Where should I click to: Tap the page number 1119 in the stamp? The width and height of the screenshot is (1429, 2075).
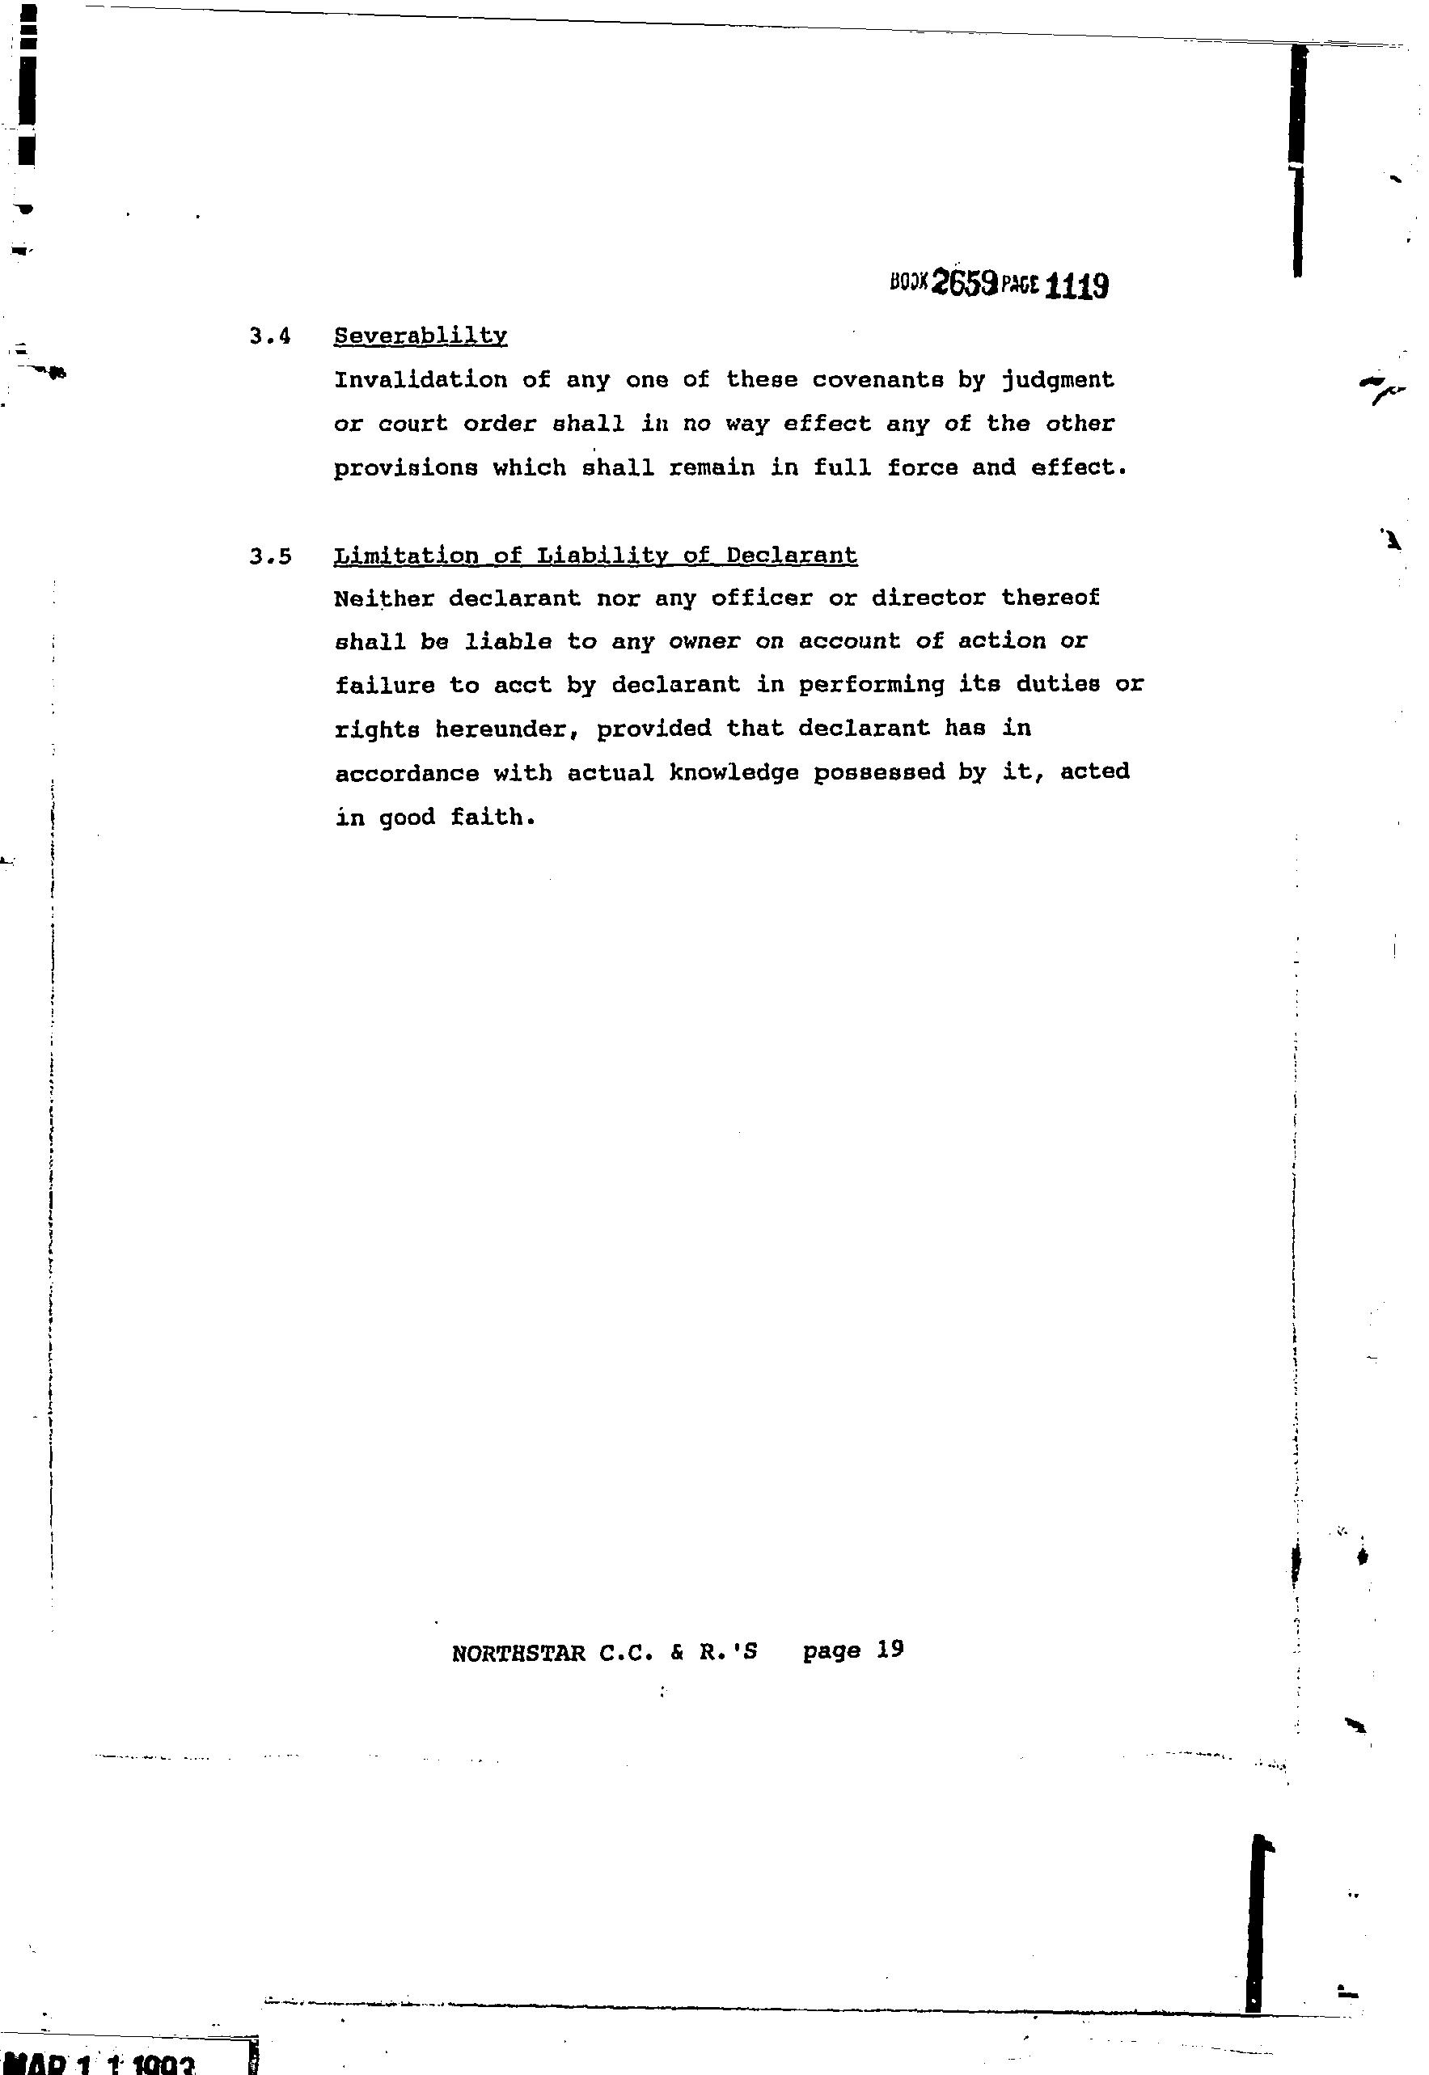coord(1076,286)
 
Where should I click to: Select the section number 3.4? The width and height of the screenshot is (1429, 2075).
coord(270,337)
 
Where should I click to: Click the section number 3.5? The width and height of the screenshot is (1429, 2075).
coord(270,557)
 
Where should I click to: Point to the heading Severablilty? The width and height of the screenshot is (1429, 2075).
coord(420,336)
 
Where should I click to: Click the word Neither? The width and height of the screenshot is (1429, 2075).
coord(383,598)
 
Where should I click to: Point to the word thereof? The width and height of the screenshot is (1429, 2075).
coord(1050,597)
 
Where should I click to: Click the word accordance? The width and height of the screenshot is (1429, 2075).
coord(407,772)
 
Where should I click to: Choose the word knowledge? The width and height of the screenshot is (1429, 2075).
coord(734,772)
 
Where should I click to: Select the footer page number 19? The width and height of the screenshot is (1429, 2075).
coord(890,1649)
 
